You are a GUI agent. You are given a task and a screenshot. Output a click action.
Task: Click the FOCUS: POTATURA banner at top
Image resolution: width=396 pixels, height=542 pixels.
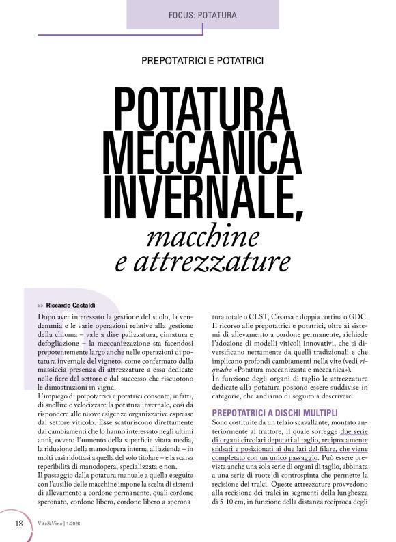[202, 14]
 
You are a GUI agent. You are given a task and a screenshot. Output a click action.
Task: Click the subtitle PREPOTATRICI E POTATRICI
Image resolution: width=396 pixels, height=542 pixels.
[202, 61]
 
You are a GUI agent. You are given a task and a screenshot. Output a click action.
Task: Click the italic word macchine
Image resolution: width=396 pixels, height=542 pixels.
[202, 236]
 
